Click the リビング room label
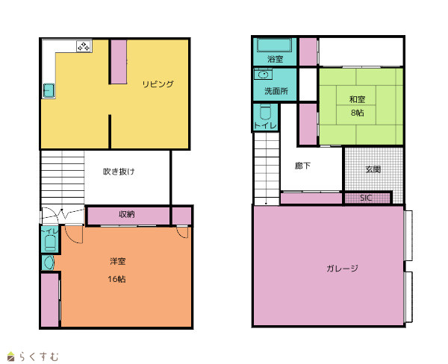click(158, 84)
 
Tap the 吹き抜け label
click(119, 172)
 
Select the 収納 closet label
click(127, 214)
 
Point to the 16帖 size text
click(117, 279)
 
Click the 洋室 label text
click(117, 261)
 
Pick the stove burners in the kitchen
click(84, 46)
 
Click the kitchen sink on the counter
click(49, 91)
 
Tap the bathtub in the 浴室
click(274, 45)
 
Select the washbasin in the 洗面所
click(263, 75)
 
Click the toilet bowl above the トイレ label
click(265, 112)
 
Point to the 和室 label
click(357, 99)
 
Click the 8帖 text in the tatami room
click(358, 113)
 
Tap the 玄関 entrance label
click(373, 169)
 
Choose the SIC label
click(366, 198)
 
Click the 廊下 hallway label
click(302, 166)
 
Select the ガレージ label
click(342, 269)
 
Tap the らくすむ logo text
click(39, 357)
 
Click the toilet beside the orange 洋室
click(50, 243)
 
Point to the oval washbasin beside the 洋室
click(49, 263)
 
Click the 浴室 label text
click(275, 59)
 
